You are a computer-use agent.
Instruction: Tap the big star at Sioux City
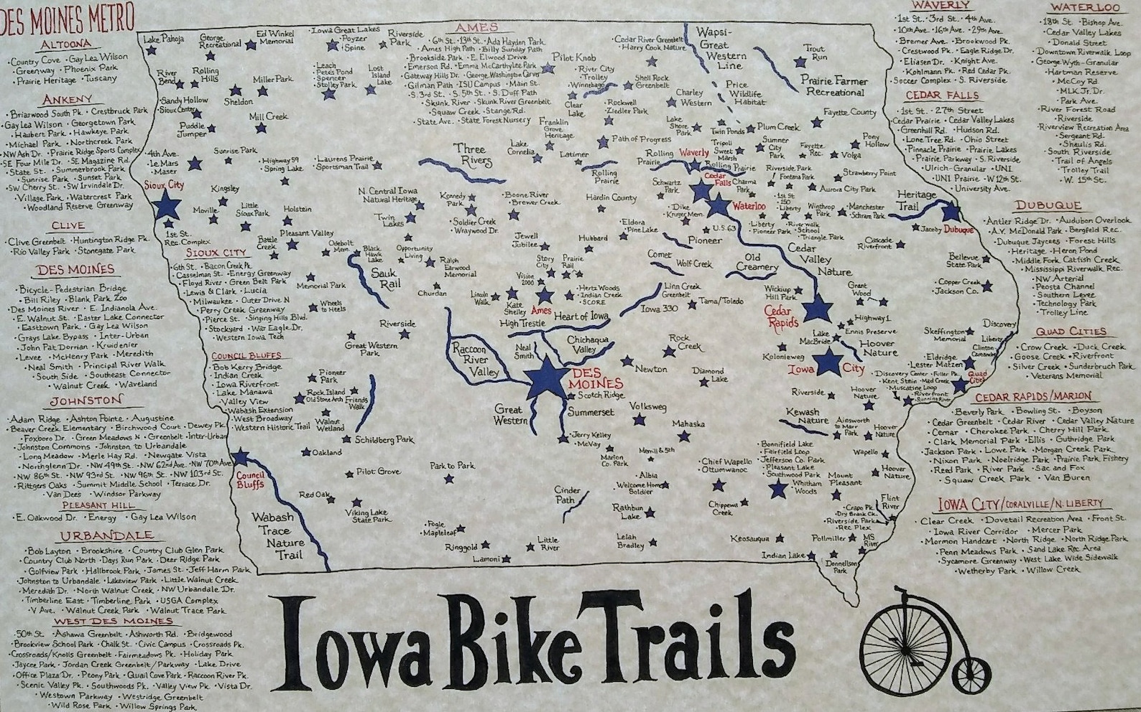[x=167, y=203]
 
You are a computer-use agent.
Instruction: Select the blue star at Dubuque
[x=951, y=212]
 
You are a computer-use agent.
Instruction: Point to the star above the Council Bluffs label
[x=240, y=458]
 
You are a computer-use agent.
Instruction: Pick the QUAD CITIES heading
[x=1070, y=332]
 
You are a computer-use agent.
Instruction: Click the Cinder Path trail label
[x=568, y=495]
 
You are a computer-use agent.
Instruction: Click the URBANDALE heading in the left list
[x=106, y=535]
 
